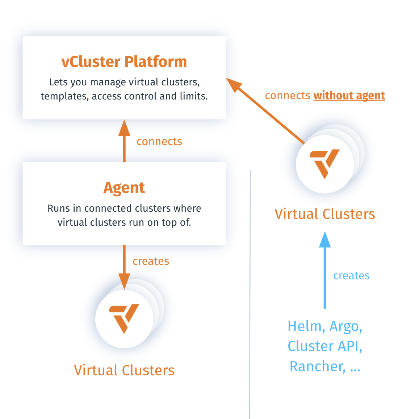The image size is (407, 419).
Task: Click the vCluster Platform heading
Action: click(124, 62)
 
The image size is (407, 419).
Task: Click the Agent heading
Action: click(124, 188)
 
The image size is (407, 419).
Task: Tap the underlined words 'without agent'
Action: click(349, 96)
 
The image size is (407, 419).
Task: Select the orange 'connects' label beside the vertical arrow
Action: click(159, 141)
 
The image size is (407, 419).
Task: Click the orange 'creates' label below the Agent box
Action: click(151, 261)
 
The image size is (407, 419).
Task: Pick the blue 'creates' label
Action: click(351, 276)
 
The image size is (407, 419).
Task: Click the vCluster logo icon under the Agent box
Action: click(124, 318)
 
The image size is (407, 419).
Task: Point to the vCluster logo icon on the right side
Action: click(325, 163)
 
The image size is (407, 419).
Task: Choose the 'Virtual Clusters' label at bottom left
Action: click(124, 371)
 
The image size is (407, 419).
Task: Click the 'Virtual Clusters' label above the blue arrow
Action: click(325, 214)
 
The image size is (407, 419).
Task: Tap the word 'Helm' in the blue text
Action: click(304, 327)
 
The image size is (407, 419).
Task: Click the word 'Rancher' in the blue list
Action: click(316, 367)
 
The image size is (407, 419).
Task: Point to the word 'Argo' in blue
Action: click(344, 327)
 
